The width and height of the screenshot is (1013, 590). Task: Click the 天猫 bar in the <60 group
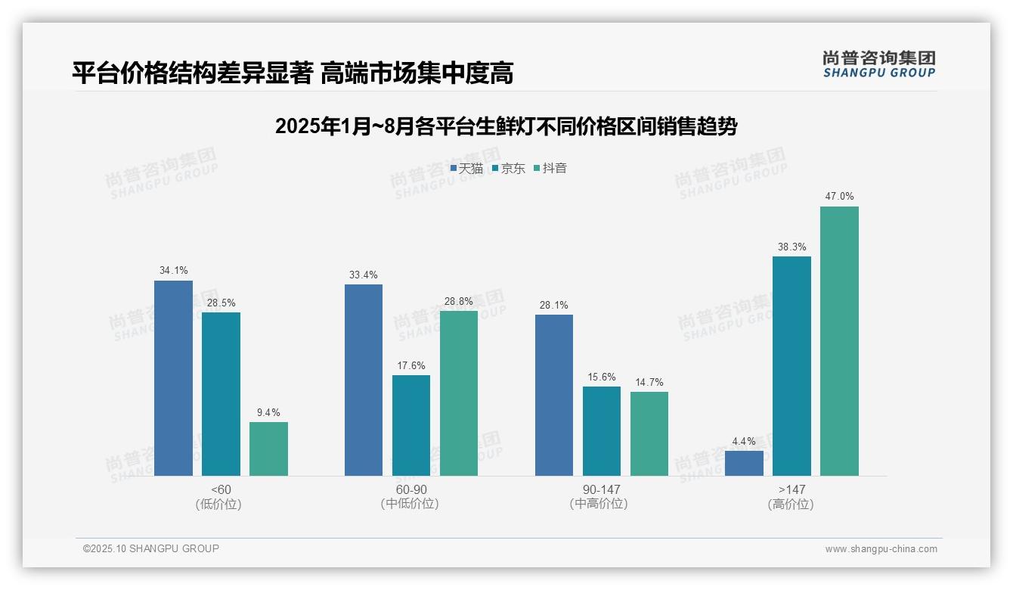point(173,378)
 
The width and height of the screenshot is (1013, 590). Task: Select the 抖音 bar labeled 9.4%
point(268,449)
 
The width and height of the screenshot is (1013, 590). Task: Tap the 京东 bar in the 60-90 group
point(410,425)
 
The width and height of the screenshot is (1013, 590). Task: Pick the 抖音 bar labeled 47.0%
point(839,340)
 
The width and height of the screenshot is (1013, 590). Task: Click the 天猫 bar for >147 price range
point(744,463)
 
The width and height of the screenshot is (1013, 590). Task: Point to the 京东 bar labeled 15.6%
point(601,431)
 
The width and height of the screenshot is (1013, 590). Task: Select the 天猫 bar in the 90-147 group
point(554,395)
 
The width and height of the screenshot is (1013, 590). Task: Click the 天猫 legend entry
point(466,169)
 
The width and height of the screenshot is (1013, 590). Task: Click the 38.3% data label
point(792,247)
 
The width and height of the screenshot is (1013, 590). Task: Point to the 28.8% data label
point(458,301)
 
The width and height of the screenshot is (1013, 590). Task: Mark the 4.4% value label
point(744,441)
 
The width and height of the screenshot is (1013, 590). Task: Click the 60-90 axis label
point(410,489)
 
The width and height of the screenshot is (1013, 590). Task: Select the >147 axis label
point(792,489)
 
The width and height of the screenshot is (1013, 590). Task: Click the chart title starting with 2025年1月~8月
point(506,126)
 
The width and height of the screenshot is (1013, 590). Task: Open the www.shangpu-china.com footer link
point(881,549)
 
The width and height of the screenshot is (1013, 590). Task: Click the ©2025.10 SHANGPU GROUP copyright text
point(151,548)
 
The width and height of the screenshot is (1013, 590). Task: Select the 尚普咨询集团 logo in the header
point(878,64)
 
